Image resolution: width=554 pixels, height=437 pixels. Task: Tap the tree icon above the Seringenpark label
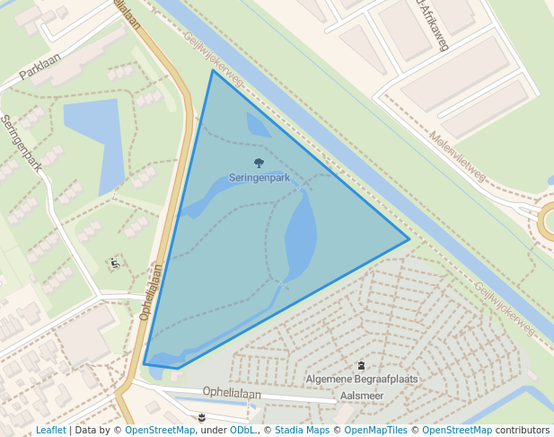(x=259, y=163)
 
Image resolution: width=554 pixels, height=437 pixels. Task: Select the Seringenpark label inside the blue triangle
(x=259, y=177)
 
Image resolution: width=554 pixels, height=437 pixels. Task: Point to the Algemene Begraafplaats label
(x=362, y=379)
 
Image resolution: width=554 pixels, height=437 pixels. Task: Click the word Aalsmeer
(x=363, y=395)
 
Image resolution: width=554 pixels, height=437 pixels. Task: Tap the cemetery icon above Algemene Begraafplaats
(x=362, y=366)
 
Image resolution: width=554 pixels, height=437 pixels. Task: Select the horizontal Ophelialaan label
(x=232, y=392)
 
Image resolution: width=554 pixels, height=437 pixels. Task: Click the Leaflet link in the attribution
(x=50, y=430)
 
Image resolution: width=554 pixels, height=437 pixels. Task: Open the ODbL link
(x=242, y=430)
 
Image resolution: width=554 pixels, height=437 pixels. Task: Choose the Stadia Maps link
(x=302, y=430)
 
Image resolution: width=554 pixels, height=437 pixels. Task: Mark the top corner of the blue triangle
(x=213, y=70)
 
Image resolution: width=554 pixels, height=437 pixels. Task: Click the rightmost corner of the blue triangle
(x=409, y=239)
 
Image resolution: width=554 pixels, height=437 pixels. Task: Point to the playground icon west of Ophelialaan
(x=115, y=263)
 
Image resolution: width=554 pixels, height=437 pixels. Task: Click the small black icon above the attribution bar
(x=202, y=416)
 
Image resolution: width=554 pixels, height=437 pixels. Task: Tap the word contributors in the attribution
(x=524, y=430)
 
